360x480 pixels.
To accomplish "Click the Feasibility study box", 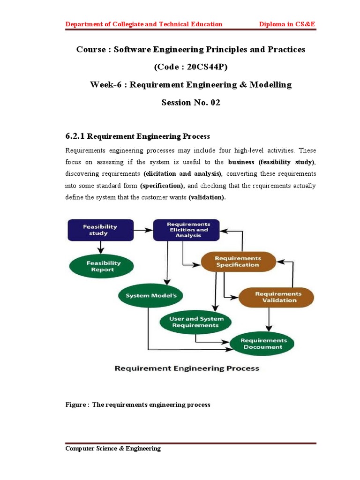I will (100, 230).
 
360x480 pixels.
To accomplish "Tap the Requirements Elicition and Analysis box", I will (188, 230).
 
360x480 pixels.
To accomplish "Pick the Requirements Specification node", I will (237, 262).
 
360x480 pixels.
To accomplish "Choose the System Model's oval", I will (147, 296).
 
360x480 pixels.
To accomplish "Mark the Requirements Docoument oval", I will (262, 344).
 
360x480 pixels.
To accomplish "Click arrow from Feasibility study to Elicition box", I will (144, 230).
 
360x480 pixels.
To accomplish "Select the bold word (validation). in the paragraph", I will (207, 197).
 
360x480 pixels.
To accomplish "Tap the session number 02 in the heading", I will (214, 103).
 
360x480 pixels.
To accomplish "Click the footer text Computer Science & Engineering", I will (113, 449).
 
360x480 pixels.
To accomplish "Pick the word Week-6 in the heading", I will (105, 85).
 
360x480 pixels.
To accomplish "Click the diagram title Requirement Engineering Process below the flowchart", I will (187, 368).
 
